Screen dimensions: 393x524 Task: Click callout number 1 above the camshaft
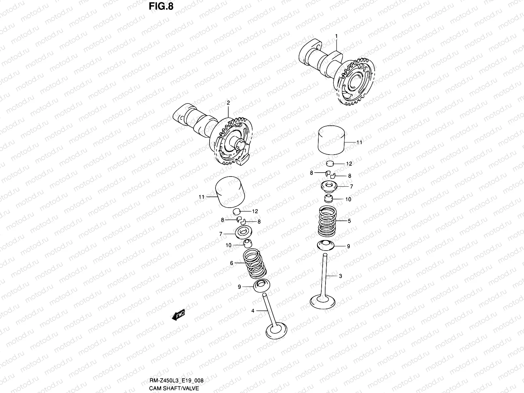pyautogui.click(x=336, y=35)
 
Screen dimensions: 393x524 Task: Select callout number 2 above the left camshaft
pyautogui.click(x=228, y=103)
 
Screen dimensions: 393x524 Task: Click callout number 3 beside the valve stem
pyautogui.click(x=340, y=276)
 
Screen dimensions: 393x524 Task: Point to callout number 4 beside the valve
pyautogui.click(x=253, y=310)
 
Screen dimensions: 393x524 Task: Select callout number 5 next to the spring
pyautogui.click(x=349, y=221)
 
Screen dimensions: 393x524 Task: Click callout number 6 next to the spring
pyautogui.click(x=232, y=263)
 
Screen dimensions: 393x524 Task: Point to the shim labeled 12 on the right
pyautogui.click(x=330, y=163)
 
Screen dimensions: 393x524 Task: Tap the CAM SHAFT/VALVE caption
pyautogui.click(x=174, y=388)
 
